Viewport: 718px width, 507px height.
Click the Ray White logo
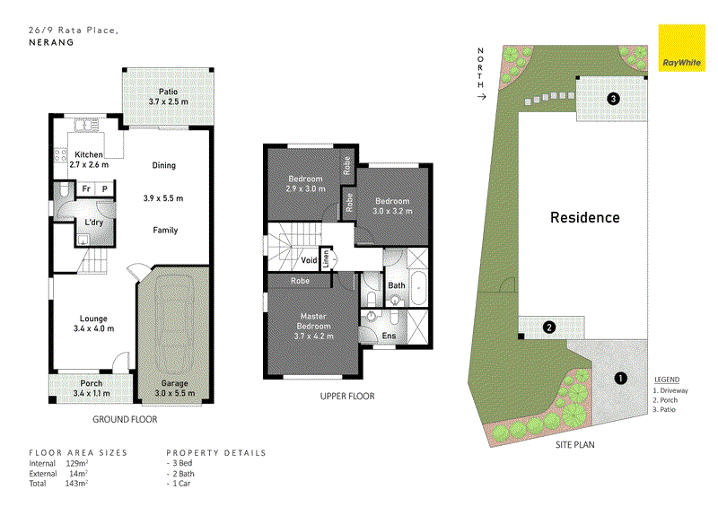pyautogui.click(x=682, y=48)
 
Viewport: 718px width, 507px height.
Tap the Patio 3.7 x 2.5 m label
pyautogui.click(x=169, y=97)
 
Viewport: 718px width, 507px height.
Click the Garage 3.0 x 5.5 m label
pyautogui.click(x=174, y=388)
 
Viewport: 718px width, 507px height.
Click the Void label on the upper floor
pyautogui.click(x=309, y=260)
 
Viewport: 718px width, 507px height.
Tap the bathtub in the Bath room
pyautogui.click(x=419, y=289)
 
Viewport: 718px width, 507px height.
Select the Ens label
pyautogui.click(x=389, y=336)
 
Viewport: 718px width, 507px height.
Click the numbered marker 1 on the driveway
pyautogui.click(x=620, y=379)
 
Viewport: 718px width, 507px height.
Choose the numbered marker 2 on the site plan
pyautogui.click(x=549, y=328)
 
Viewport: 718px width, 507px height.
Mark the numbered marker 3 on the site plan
pyautogui.click(x=613, y=99)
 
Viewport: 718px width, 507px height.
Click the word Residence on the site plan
pyautogui.click(x=585, y=217)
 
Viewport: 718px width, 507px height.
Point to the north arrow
pyautogui.click(x=481, y=97)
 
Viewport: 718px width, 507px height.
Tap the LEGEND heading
pyautogui.click(x=667, y=380)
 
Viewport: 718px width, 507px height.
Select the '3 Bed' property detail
pyautogui.click(x=182, y=463)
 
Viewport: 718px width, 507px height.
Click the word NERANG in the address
pyautogui.click(x=51, y=42)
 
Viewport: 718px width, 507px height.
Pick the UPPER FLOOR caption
pyautogui.click(x=347, y=396)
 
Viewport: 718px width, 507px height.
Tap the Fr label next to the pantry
pyautogui.click(x=86, y=188)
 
